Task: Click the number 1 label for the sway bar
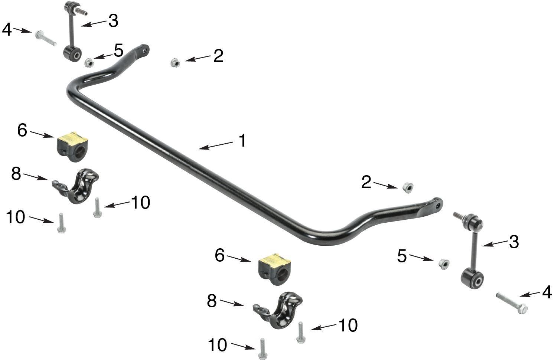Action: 242,141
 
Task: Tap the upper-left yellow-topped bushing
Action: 73,146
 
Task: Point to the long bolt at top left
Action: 46,39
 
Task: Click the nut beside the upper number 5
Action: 89,62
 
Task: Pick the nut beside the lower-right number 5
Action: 443,264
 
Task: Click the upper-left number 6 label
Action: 22,130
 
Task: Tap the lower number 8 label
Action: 212,301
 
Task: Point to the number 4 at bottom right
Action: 547,292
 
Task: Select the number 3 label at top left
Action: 113,21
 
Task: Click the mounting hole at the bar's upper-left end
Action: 145,49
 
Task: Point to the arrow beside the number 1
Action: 217,145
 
